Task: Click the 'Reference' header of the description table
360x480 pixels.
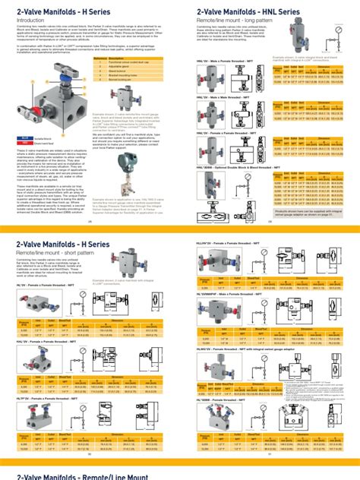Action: click(102, 57)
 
